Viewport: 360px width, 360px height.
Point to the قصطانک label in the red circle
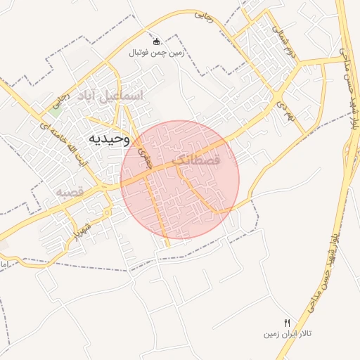[195, 160]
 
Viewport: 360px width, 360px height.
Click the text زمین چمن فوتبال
[155, 53]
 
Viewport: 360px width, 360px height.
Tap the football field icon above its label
[156, 41]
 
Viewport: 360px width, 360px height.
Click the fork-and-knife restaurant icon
[287, 321]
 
